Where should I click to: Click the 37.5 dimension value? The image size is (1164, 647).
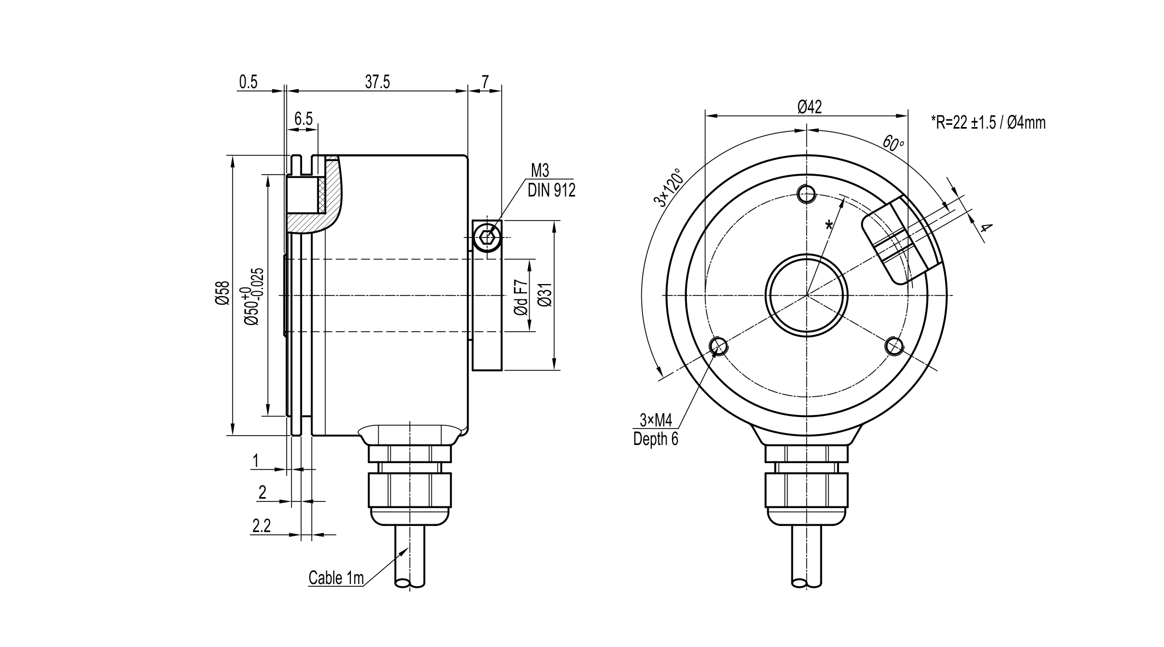tap(377, 82)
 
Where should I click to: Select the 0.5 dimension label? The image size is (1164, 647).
tap(248, 82)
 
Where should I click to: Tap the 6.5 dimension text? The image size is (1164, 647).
tap(303, 119)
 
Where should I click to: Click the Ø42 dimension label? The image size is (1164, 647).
tap(809, 107)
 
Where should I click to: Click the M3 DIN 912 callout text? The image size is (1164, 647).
tap(551, 180)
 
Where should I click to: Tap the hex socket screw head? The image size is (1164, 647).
tap(487, 238)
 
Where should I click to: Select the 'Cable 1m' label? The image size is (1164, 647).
tap(336, 578)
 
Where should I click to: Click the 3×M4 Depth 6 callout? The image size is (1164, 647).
tap(656, 430)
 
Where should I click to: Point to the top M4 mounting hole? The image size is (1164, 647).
tap(807, 193)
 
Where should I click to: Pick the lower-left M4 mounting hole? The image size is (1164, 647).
tap(718, 346)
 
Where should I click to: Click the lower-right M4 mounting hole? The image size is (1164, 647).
tap(895, 346)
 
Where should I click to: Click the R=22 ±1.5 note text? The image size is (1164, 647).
tap(988, 123)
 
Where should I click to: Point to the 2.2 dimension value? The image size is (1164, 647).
tap(262, 526)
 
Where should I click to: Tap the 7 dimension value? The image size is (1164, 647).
tap(485, 82)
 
